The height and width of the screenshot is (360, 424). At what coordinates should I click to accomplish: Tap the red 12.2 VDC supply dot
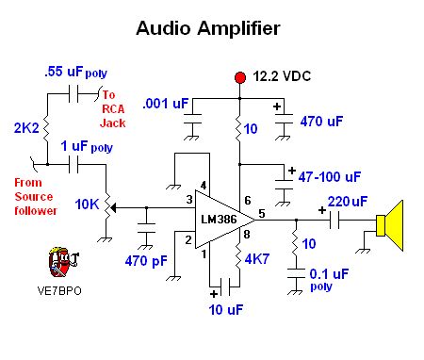coord(241,76)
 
